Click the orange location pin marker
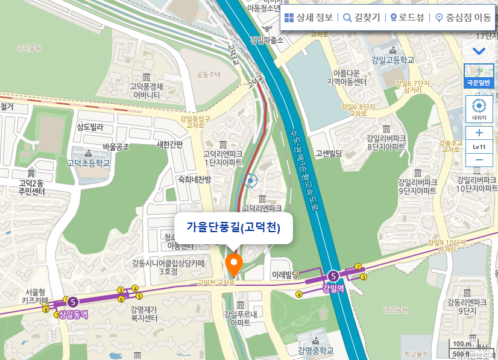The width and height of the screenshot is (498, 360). [233, 264]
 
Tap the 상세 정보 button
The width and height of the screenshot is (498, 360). [308, 17]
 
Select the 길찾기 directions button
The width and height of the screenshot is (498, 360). [362, 17]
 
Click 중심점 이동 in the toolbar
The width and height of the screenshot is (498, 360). [463, 17]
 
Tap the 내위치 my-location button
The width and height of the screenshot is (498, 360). [479, 109]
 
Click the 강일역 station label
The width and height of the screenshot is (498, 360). [333, 288]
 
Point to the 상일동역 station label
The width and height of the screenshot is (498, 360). [74, 314]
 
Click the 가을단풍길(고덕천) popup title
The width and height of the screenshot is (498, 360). [234, 227]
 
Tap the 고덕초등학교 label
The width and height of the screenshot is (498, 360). [89, 163]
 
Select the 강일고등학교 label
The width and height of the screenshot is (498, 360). [393, 60]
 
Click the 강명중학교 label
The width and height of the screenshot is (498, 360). [315, 350]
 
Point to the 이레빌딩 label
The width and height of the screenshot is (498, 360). [286, 274]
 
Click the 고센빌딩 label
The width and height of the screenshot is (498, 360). [329, 153]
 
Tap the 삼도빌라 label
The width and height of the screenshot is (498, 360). [90, 127]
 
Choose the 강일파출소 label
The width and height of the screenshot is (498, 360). [266, 40]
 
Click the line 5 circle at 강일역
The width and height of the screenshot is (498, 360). [333, 276]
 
